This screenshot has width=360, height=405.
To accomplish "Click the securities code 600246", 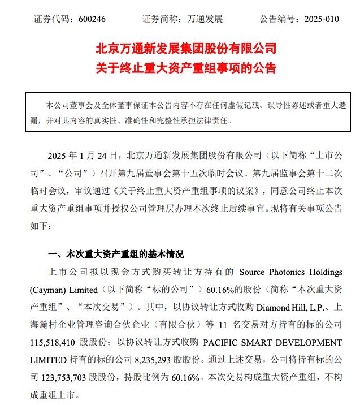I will click(x=90, y=19).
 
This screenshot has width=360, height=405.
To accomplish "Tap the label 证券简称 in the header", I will click(x=161, y=19).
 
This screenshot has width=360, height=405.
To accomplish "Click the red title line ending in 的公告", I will click(x=180, y=68).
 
